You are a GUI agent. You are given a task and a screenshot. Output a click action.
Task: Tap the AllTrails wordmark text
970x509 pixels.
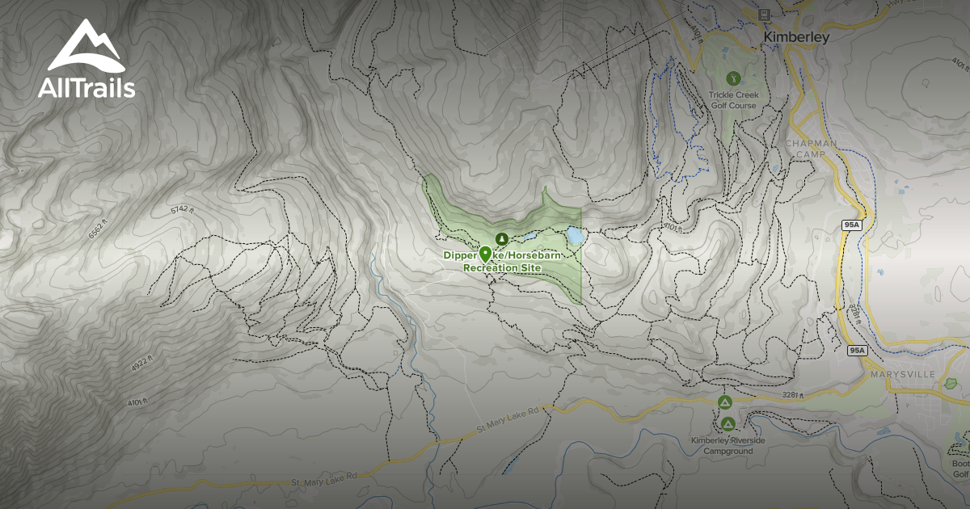coord(86,88)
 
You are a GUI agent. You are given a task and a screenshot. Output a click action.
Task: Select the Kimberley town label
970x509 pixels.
coord(796,37)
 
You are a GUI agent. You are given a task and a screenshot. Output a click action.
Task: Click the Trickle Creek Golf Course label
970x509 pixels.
coord(733,100)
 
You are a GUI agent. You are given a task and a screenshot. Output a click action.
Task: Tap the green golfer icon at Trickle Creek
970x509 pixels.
coord(733,78)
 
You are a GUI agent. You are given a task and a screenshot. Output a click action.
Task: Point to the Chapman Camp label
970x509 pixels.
coord(811,149)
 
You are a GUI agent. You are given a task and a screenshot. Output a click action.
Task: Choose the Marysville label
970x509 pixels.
coord(903,375)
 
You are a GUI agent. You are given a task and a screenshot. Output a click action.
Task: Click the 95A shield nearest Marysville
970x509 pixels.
coord(858,351)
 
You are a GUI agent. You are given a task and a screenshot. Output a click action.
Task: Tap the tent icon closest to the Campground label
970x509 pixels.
coord(727,423)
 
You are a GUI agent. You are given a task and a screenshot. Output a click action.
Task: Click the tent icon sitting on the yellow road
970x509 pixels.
coord(724,402)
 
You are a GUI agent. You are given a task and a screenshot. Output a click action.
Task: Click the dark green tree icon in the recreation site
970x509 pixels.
coord(501,238)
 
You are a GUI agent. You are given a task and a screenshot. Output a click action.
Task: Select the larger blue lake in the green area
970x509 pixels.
coord(574,236)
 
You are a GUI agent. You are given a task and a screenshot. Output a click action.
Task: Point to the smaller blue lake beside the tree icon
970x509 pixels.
coord(528,238)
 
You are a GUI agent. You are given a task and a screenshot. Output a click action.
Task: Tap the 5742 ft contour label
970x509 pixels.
coord(183,210)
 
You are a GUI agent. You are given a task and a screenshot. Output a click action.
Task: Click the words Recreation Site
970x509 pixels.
coord(501,267)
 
